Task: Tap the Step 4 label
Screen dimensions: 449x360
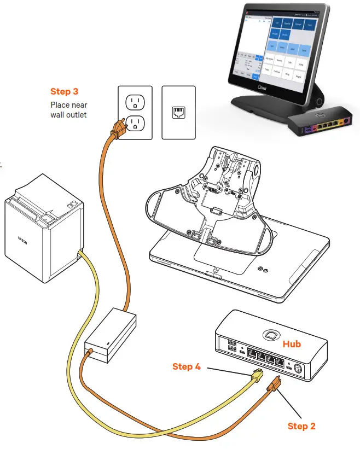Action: pyautogui.click(x=186, y=366)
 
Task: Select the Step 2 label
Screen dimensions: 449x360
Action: pyautogui.click(x=301, y=425)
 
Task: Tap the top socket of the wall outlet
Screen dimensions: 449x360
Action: pyautogui.click(x=135, y=102)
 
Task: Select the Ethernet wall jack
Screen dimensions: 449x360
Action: pyautogui.click(x=178, y=112)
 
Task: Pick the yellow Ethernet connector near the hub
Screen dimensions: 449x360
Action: pyautogui.click(x=257, y=376)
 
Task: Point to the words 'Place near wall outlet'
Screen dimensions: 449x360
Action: pyautogui.click(x=68, y=109)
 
